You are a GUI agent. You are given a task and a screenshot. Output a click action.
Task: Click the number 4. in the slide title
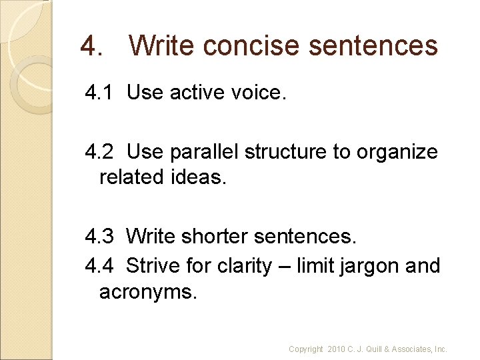pyautogui.click(x=91, y=46)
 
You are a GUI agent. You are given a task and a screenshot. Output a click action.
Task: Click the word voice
pyautogui.click(x=257, y=93)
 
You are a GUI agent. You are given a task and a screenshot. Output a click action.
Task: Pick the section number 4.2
pyautogui.click(x=99, y=152)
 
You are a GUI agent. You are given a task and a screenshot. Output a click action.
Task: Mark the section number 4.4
pyautogui.click(x=99, y=266)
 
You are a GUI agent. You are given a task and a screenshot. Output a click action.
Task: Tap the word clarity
pyautogui.click(x=244, y=266)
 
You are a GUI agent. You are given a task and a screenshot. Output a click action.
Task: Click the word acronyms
pyautogui.click(x=148, y=291)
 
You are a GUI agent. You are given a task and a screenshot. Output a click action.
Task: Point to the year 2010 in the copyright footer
pyautogui.click(x=337, y=349)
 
